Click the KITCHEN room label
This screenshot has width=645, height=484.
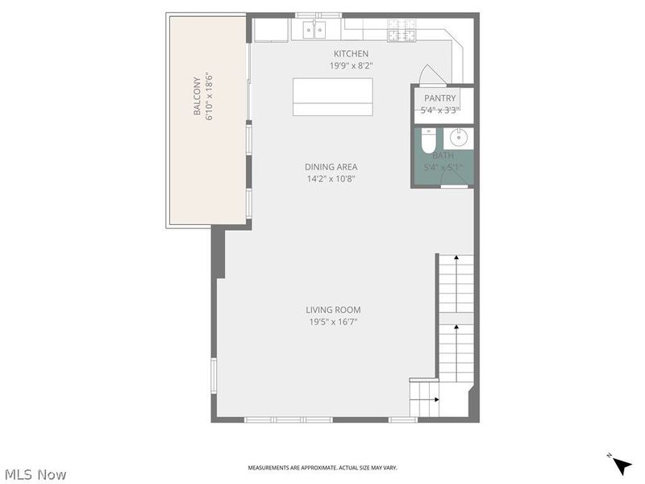click(351, 54)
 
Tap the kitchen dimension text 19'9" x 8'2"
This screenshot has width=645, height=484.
click(351, 66)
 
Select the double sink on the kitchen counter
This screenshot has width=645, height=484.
click(314, 30)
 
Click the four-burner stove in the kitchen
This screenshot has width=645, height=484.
click(397, 30)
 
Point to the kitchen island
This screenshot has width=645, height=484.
click(333, 98)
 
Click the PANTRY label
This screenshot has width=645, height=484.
click(440, 98)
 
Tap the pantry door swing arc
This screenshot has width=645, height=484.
click(433, 75)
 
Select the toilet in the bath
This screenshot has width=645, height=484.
click(428, 136)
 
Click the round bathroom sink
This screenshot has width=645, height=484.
click(458, 136)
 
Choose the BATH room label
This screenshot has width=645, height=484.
click(443, 156)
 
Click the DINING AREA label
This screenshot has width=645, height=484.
click(331, 167)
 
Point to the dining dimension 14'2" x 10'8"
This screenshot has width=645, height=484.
click(331, 179)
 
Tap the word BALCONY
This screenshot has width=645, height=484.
click(197, 95)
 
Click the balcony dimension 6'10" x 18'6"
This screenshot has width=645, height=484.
click(209, 97)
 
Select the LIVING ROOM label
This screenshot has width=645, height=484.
click(333, 310)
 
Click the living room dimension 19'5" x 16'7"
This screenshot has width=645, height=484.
click(333, 322)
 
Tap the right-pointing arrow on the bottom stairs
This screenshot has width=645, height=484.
click(434, 398)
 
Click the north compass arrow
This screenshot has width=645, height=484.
click(621, 465)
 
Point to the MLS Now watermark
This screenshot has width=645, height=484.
click(35, 474)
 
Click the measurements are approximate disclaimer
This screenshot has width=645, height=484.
click(322, 468)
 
